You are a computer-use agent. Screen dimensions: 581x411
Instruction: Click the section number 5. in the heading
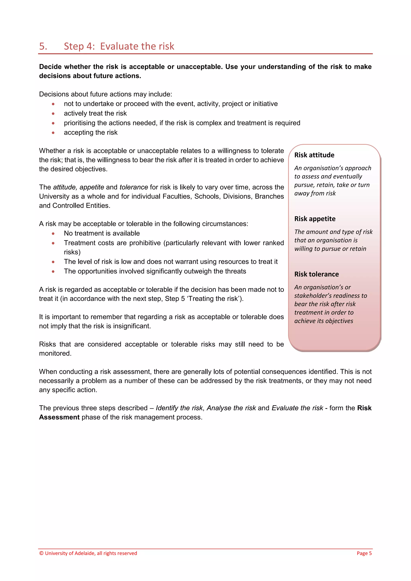point(43,46)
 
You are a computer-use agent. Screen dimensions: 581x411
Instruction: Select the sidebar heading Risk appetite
point(315,219)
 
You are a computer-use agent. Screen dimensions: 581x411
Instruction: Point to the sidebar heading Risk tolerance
point(316,274)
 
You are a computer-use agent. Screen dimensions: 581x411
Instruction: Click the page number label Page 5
point(364,553)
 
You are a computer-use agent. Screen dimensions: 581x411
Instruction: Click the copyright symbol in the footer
point(41,553)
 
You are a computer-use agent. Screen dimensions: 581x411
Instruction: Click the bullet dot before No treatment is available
point(53,233)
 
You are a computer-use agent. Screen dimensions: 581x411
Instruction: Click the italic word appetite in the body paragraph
point(92,187)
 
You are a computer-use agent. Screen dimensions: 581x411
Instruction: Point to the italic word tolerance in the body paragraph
point(134,187)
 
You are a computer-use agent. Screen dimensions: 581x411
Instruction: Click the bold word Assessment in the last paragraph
point(59,417)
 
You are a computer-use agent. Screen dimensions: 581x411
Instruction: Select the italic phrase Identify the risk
point(179,408)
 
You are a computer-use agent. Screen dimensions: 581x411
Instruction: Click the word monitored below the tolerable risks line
point(55,353)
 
